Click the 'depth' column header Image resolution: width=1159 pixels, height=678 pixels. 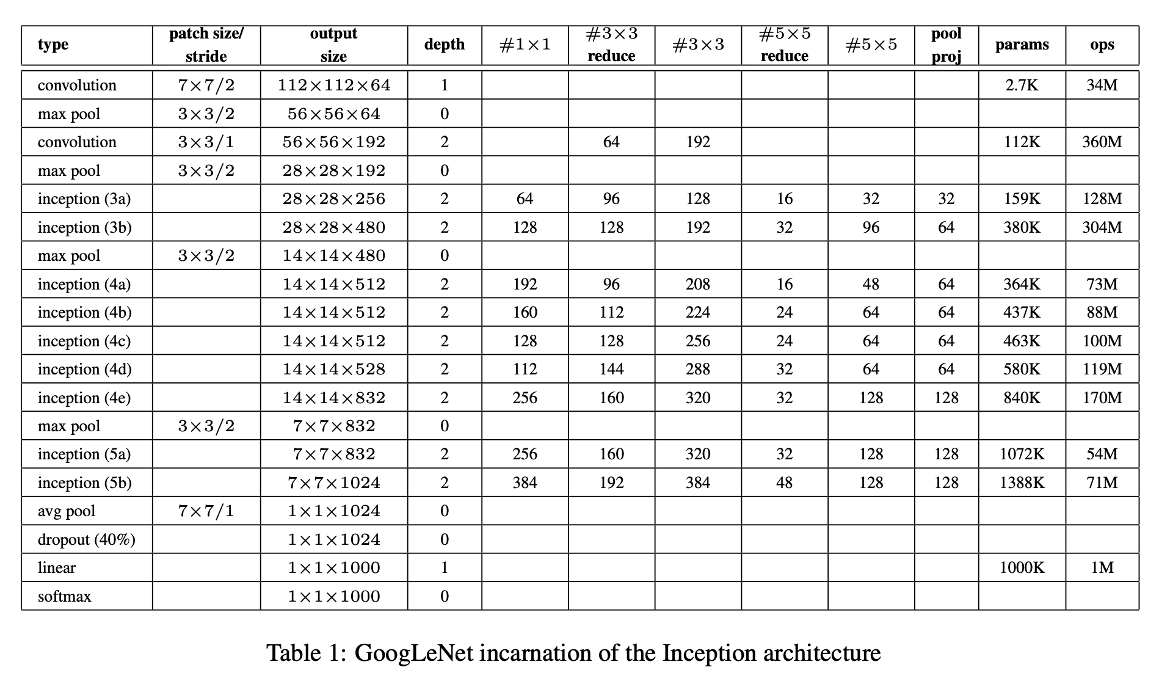coord(444,45)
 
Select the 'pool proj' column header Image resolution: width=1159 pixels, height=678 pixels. coord(946,45)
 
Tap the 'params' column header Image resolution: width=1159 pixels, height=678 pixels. coord(1022,45)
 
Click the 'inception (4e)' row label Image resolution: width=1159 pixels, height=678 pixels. coord(84,398)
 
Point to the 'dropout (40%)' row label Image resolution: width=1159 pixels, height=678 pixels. coord(86,539)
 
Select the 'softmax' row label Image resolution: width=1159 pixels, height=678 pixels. coord(64,596)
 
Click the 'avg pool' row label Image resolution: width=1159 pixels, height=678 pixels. coord(67,511)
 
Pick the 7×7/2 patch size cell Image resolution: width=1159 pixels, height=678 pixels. coord(206,85)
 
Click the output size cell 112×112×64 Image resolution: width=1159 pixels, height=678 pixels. coord(334,85)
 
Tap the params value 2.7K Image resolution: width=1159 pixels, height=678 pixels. coord(1022,85)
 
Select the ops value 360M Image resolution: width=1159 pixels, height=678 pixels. coord(1102,142)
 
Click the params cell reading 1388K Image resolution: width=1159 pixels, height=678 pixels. coord(1022,483)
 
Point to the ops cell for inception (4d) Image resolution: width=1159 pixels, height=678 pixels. coord(1102,369)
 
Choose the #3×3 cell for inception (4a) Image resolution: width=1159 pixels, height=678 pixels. coord(697,284)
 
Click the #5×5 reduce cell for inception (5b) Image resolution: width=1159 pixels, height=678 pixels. coord(784,483)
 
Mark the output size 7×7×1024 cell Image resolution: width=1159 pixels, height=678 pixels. coord(334,483)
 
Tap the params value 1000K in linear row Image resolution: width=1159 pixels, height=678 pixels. coord(1022,567)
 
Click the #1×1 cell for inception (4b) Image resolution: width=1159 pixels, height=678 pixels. coord(525,312)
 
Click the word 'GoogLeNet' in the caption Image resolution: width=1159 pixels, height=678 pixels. coord(413,653)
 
